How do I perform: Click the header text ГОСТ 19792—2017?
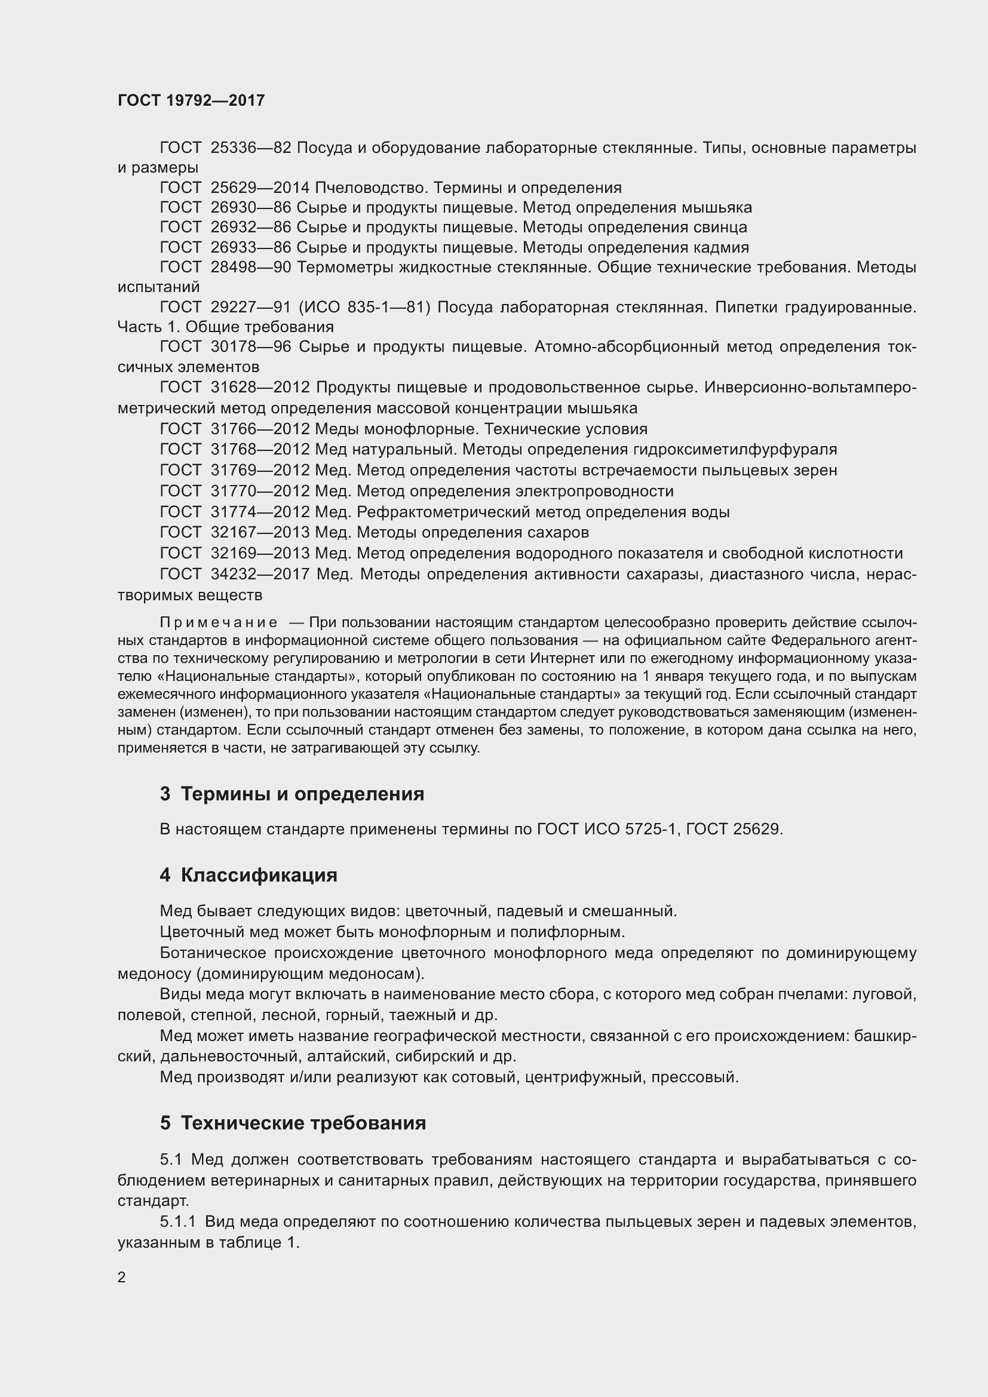[x=191, y=100]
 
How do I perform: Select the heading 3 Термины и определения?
[x=292, y=794]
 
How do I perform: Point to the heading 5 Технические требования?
[x=293, y=1123]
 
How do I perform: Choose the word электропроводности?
[x=594, y=491]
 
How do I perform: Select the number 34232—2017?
[x=260, y=574]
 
